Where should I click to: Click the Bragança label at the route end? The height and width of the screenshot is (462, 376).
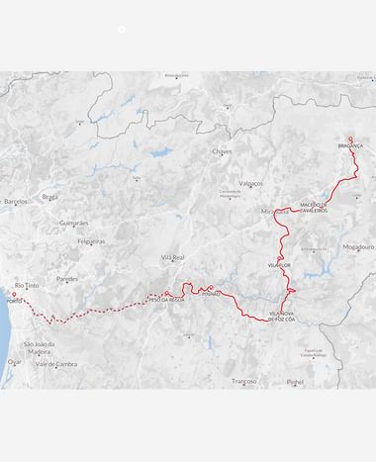(351, 145)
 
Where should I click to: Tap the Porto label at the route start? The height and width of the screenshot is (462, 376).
(14, 301)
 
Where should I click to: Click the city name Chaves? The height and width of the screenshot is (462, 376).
(222, 151)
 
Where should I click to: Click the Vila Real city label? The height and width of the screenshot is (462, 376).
(173, 256)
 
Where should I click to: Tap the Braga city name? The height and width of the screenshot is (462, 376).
(50, 197)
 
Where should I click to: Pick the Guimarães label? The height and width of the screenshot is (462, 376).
(75, 224)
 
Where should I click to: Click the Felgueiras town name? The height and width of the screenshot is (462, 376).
(91, 240)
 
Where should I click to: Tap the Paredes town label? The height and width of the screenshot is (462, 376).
(67, 279)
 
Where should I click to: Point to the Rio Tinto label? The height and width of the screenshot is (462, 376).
(27, 285)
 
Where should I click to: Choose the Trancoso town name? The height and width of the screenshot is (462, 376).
(244, 381)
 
